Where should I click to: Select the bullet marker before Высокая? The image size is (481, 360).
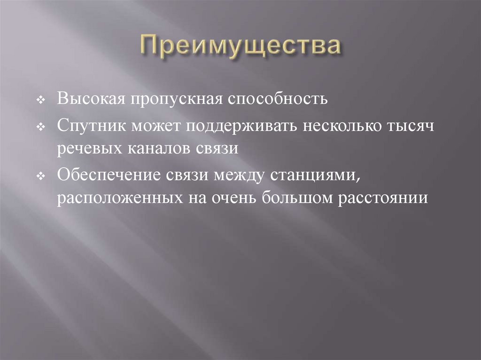point(41,101)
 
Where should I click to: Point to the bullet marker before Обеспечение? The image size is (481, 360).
point(41,176)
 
